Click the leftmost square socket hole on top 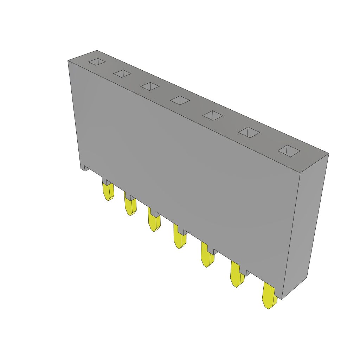[x=97, y=62]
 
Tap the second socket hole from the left [x=122, y=73]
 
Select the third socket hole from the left [x=150, y=86]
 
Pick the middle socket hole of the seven [x=180, y=100]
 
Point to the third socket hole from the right [x=213, y=115]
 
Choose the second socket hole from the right [x=249, y=133]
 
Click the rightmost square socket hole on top [x=289, y=151]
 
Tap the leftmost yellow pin [x=108, y=191]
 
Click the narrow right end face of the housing [x=305, y=225]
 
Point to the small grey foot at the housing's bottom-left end [x=85, y=168]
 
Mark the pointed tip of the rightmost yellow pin [x=268, y=308]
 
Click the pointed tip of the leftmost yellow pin [x=108, y=200]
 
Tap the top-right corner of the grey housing [x=328, y=154]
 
